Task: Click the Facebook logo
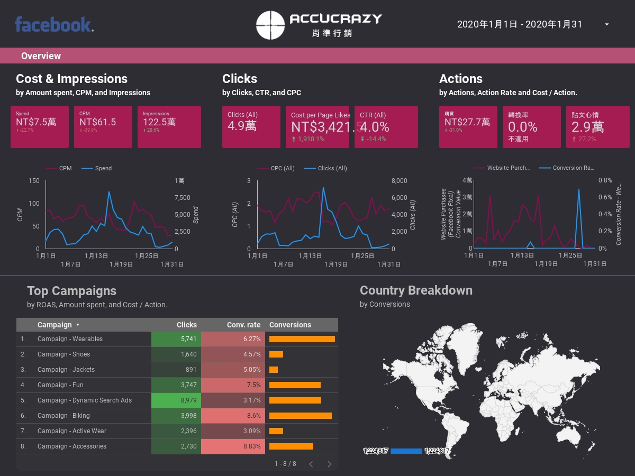point(54,25)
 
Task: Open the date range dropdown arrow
point(606,24)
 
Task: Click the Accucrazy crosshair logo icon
point(271,25)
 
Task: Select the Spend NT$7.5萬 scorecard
point(40,127)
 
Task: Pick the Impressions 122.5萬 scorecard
point(169,127)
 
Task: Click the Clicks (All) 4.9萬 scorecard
point(251,127)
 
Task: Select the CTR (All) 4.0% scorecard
point(386,127)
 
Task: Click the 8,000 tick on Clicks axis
point(399,181)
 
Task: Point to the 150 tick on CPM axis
point(34,181)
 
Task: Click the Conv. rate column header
point(243,325)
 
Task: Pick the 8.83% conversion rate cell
point(233,446)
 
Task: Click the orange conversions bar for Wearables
point(302,339)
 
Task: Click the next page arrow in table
point(330,464)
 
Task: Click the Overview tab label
point(41,56)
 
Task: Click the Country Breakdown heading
point(416,290)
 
